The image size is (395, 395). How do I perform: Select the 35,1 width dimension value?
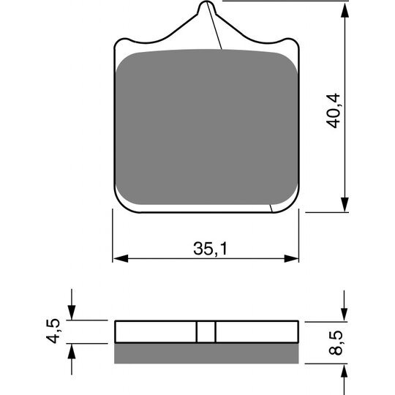208,249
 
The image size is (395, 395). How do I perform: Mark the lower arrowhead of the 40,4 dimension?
343,206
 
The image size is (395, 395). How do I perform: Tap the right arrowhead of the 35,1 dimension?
293,258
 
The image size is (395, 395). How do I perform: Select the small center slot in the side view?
206,331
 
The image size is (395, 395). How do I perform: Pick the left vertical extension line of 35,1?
112,234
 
